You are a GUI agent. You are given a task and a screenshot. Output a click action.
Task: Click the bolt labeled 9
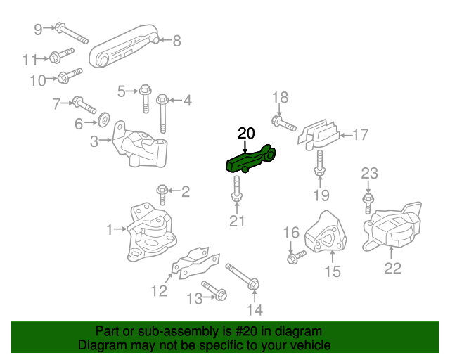70,33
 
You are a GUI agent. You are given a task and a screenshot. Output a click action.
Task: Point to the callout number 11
30,58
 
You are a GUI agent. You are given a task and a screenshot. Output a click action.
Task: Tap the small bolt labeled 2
162,190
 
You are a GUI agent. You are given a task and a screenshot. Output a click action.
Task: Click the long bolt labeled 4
162,111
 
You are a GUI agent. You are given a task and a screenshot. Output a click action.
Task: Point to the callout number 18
280,98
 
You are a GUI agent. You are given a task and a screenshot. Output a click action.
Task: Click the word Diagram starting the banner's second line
101,346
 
